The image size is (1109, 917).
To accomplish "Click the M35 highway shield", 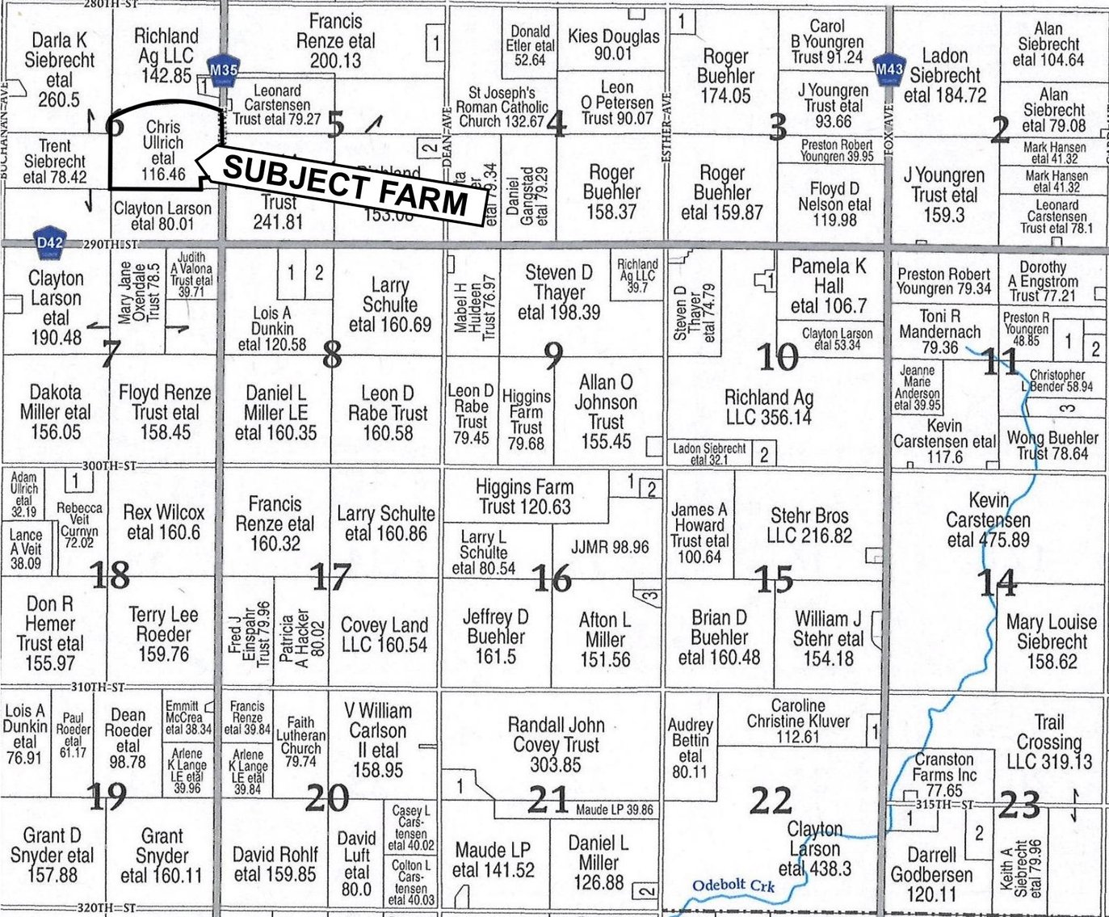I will tap(223, 69).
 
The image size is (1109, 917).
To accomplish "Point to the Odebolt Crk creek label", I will tap(733, 886).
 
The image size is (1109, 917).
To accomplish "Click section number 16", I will tap(552, 578).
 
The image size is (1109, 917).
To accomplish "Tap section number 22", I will tap(771, 801).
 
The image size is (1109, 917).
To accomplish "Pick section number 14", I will tap(997, 581).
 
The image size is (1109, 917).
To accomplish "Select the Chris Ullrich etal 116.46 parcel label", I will tap(163, 150).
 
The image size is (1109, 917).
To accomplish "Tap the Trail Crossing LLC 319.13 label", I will tap(1049, 742).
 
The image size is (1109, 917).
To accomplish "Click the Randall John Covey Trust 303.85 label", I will tap(556, 744).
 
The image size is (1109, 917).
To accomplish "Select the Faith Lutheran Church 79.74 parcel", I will tap(300, 742).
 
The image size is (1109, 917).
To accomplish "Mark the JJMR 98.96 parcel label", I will tap(610, 547).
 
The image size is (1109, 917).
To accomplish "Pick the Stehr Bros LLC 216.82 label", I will tap(810, 526).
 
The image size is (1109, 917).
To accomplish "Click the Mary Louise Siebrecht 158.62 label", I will tap(1052, 641).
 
